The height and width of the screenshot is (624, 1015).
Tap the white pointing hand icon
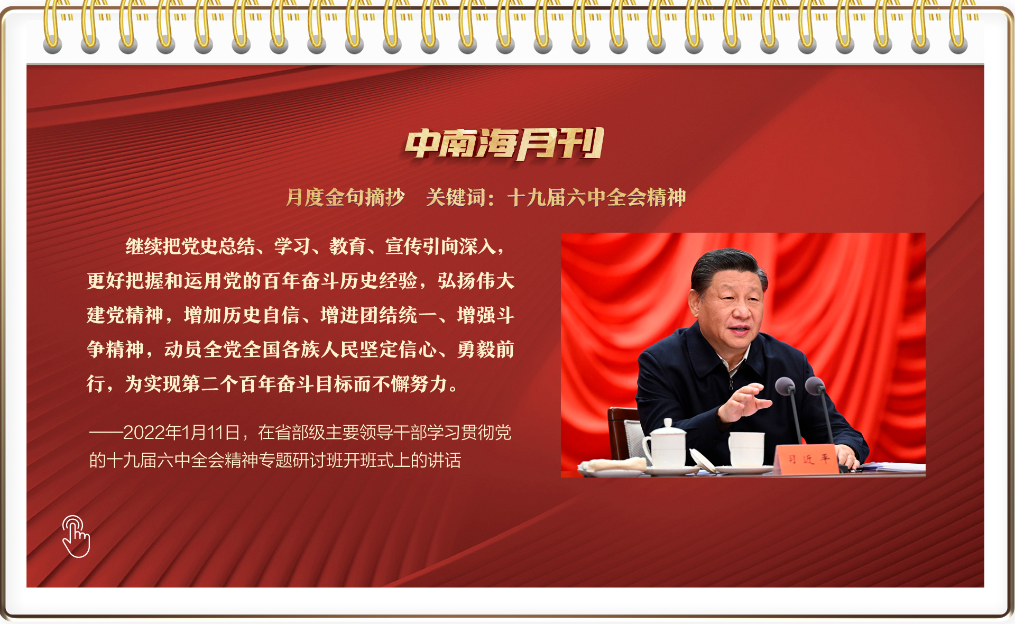[x=76, y=536]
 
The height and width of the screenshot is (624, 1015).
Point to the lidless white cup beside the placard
[x=746, y=449]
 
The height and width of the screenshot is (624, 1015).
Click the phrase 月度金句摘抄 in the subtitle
[x=345, y=197]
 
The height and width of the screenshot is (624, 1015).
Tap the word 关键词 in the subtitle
[x=456, y=197]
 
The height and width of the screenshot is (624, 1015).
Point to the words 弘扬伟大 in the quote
[x=476, y=281]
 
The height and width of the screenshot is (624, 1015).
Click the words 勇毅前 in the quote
[x=486, y=350]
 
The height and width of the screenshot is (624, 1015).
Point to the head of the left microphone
[x=785, y=386]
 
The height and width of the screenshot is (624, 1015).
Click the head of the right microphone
[x=815, y=386]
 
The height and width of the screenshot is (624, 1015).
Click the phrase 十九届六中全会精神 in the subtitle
[x=597, y=197]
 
